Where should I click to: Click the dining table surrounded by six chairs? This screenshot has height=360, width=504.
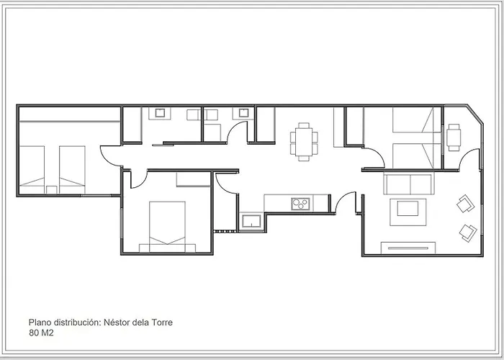click(x=304, y=142)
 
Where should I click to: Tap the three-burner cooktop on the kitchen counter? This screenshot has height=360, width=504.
click(x=300, y=204)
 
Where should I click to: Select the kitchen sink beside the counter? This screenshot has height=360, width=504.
click(x=251, y=221)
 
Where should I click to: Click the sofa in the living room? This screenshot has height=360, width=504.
click(x=409, y=183)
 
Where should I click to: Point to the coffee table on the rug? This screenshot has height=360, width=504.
click(x=408, y=209)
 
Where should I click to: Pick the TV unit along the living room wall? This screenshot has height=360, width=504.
click(x=408, y=248)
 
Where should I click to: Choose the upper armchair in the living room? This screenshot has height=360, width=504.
click(x=465, y=204)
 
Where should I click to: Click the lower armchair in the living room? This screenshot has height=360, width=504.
click(x=468, y=233)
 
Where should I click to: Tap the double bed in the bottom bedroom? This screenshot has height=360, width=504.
click(x=167, y=227)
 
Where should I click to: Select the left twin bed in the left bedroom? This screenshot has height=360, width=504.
click(x=32, y=170)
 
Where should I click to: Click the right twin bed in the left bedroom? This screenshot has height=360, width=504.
click(x=72, y=170)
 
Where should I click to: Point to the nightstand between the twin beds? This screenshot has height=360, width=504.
click(x=51, y=190)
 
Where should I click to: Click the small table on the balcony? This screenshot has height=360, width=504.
click(x=454, y=138)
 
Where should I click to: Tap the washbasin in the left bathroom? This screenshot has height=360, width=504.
click(x=160, y=113)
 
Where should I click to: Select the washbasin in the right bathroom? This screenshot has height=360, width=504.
click(x=243, y=112)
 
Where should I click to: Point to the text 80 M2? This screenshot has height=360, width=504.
click(x=41, y=333)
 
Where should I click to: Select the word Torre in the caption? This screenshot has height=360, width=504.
click(x=162, y=322)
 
